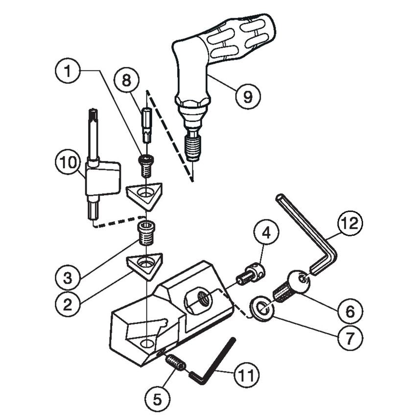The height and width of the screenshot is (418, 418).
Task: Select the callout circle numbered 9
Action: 248,95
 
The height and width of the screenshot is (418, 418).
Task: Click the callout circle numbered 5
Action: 158,398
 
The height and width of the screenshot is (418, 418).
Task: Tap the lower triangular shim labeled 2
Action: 145,265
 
